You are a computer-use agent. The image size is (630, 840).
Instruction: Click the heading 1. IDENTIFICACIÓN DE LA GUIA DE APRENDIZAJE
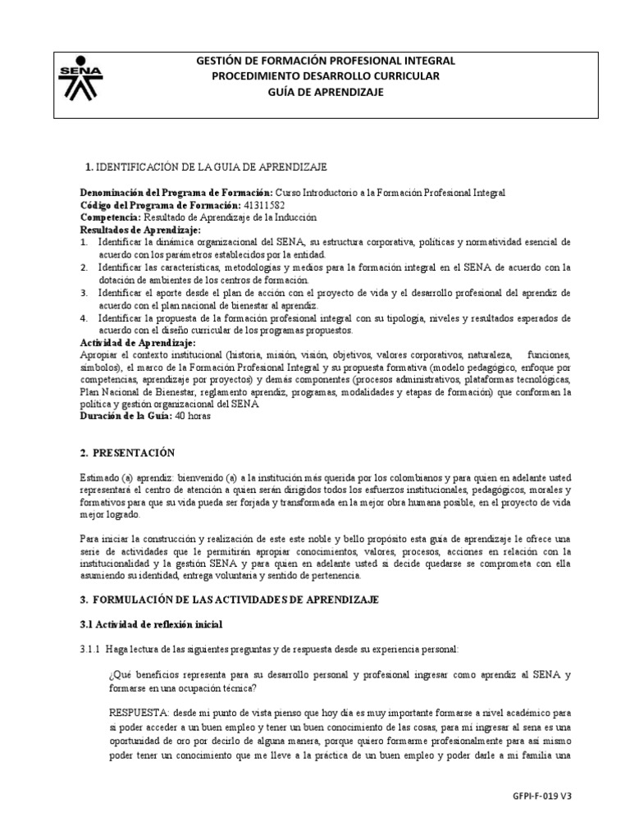[206, 167]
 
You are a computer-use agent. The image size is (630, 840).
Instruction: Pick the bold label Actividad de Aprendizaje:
[137, 342]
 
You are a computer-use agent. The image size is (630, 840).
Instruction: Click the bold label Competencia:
[111, 217]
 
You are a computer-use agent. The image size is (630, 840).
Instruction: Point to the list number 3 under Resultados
[84, 293]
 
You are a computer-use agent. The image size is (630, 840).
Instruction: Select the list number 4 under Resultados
[84, 317]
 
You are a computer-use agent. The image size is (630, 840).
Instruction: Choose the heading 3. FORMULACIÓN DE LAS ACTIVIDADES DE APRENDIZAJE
[229, 600]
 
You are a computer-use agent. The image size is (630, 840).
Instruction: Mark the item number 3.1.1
[91, 649]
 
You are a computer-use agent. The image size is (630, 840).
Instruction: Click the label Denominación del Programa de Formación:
[176, 192]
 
